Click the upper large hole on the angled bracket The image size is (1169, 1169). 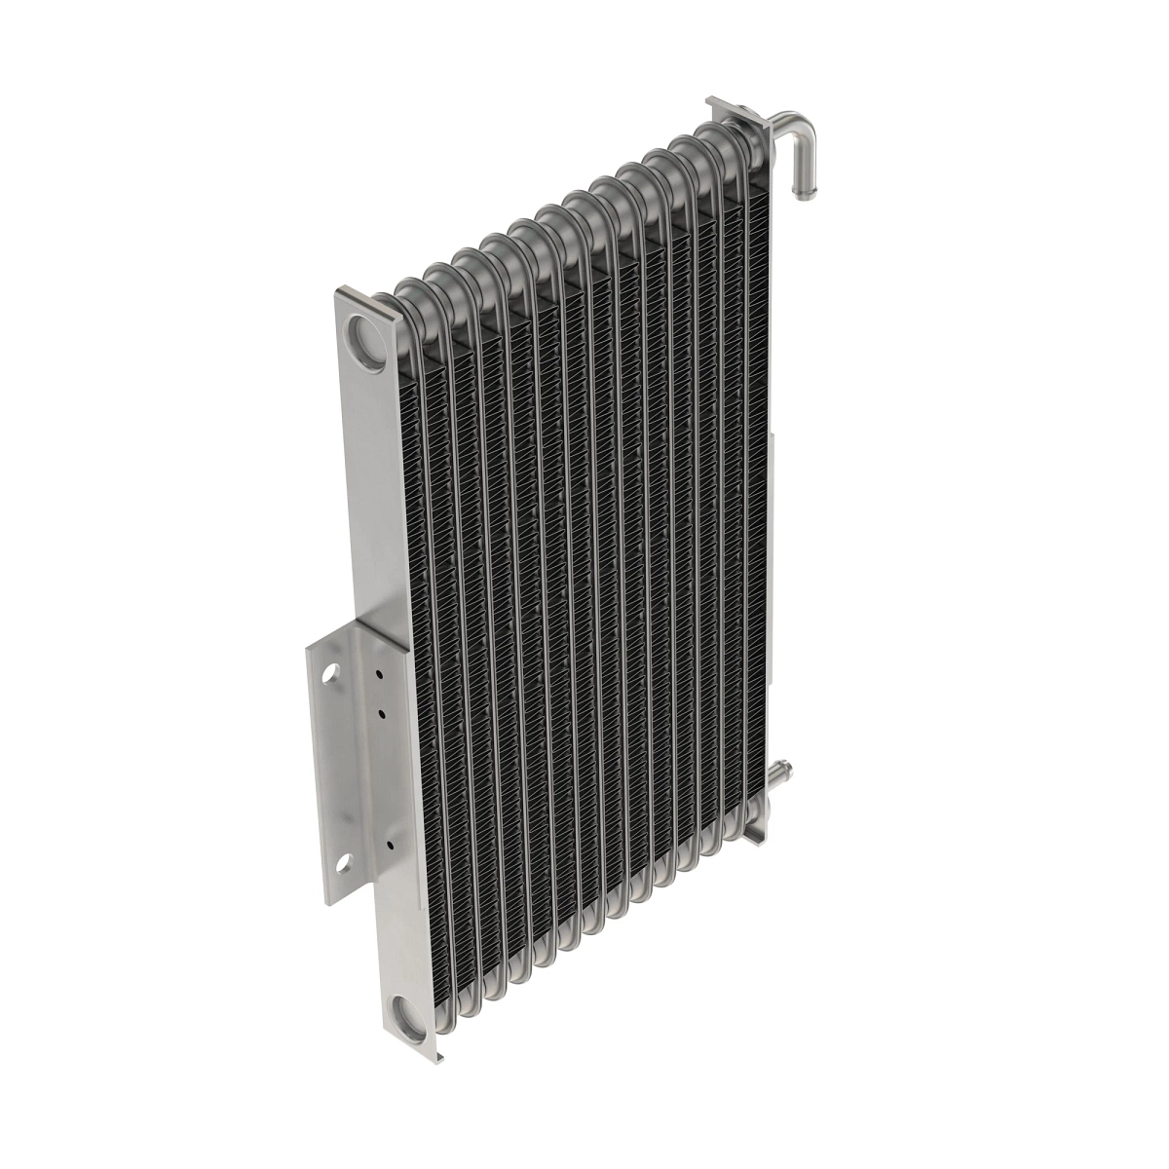[332, 673]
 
